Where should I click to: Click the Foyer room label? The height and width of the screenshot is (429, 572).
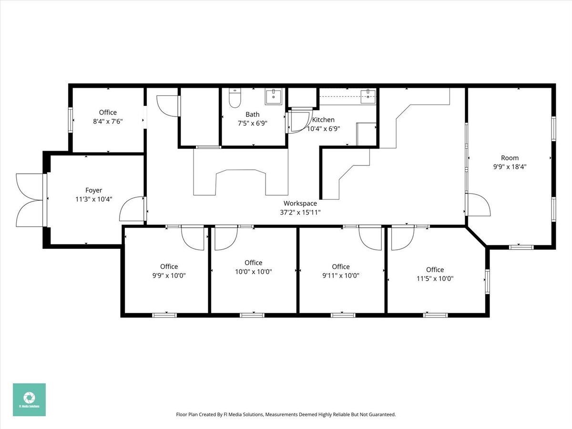(94, 190)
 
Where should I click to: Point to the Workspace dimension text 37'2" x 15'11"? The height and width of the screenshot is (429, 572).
(300, 212)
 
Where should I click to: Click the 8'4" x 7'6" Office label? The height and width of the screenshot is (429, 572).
(108, 121)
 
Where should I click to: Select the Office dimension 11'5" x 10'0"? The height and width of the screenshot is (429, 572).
(435, 278)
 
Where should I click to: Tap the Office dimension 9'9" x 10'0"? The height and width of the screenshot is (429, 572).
(169, 276)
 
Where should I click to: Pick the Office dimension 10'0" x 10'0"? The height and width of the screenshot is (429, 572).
(253, 272)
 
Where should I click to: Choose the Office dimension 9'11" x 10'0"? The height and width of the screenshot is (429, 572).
(341, 276)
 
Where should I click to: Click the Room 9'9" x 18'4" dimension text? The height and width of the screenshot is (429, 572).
(510, 167)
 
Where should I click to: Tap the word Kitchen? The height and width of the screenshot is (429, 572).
(323, 120)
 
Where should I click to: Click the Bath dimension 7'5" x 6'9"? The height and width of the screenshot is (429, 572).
(253, 123)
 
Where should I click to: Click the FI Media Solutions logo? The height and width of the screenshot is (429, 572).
(29, 399)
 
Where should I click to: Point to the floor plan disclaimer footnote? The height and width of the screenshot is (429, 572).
(286, 415)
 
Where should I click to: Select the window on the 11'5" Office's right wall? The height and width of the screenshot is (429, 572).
(487, 281)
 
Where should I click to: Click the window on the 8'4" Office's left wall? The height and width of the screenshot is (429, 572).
(71, 120)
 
